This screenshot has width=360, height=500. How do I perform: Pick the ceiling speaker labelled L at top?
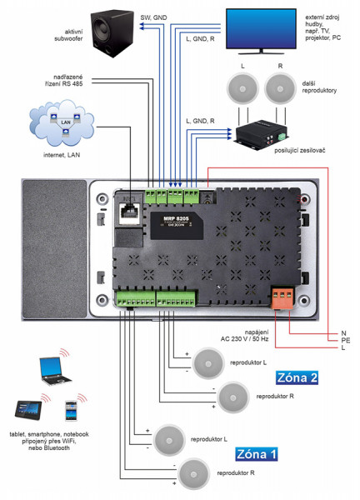(242, 86)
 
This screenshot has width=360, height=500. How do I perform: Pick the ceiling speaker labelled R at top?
(282, 86)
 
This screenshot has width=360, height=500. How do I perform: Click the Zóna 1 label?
(257, 454)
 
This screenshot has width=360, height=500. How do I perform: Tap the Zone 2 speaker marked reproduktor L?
(207, 361)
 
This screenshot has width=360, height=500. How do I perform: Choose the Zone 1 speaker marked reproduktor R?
(195, 472)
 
